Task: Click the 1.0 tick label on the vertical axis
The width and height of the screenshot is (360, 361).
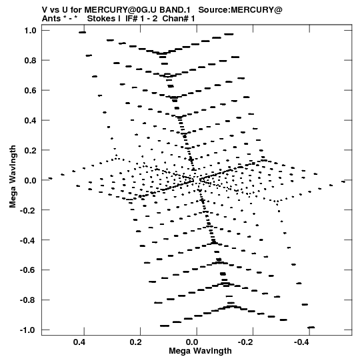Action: click(x=31, y=31)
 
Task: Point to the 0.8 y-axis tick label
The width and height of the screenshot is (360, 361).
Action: click(x=31, y=61)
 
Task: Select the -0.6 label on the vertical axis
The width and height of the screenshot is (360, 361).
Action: click(x=28, y=270)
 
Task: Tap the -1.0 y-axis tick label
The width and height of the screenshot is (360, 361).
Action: click(x=28, y=330)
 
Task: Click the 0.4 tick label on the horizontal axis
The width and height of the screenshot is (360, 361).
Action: click(x=79, y=342)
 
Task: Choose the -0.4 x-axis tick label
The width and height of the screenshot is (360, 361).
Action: click(x=301, y=342)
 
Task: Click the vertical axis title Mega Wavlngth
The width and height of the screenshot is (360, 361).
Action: click(x=13, y=176)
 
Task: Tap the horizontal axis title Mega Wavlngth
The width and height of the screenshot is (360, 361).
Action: click(x=200, y=351)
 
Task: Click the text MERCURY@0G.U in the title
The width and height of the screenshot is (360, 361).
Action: click(x=120, y=10)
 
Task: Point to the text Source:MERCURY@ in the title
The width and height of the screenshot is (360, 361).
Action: click(x=240, y=10)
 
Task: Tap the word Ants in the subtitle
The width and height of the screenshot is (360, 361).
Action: click(x=51, y=19)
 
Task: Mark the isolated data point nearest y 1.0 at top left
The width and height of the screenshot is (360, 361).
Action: click(x=82, y=33)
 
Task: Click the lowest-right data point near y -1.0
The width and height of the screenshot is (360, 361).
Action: click(x=311, y=327)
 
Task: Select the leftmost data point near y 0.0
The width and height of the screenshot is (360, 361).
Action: click(x=50, y=178)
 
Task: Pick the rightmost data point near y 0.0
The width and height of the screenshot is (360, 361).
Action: click(x=343, y=182)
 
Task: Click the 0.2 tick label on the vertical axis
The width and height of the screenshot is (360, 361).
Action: click(x=31, y=150)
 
